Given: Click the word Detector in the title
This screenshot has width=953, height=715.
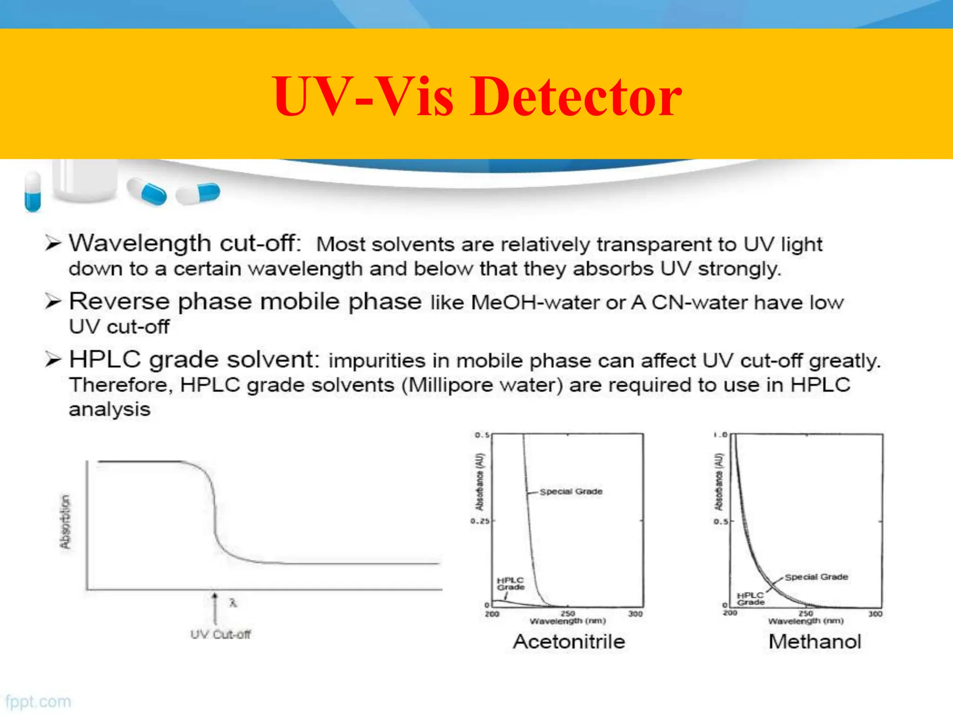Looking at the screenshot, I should pos(576,97).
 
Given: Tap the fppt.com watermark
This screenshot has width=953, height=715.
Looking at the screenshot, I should pos(38,702).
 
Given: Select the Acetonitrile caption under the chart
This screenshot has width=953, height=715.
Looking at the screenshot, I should pos(569,641).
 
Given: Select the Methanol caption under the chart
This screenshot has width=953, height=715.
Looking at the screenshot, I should pos(815,641).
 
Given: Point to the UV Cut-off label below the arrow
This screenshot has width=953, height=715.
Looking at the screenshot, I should pos(220,634).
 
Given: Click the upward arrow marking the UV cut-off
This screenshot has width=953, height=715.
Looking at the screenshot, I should pos(215,607).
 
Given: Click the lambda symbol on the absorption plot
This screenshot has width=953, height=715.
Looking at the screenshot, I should pos(233,603).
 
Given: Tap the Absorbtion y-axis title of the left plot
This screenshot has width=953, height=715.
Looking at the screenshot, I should pos(65,521).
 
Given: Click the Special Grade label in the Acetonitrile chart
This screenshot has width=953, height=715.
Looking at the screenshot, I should pos(571,492).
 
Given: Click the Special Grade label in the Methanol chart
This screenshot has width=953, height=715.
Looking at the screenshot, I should pos(816,577).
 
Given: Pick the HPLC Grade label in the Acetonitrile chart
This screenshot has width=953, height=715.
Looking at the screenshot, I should pos(510,584).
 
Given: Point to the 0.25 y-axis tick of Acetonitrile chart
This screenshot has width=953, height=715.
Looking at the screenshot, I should pos(480,521).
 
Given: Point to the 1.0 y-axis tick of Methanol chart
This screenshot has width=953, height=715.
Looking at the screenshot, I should pos(720,435).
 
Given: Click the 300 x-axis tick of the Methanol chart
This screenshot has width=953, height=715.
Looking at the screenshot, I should pos(875,614).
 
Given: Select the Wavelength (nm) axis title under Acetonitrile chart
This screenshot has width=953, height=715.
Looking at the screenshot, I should pos(568,621).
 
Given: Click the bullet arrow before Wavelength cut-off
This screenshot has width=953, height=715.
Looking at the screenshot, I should pos(53,243).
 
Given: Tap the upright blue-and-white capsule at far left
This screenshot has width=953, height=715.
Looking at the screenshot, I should pos(33,191).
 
